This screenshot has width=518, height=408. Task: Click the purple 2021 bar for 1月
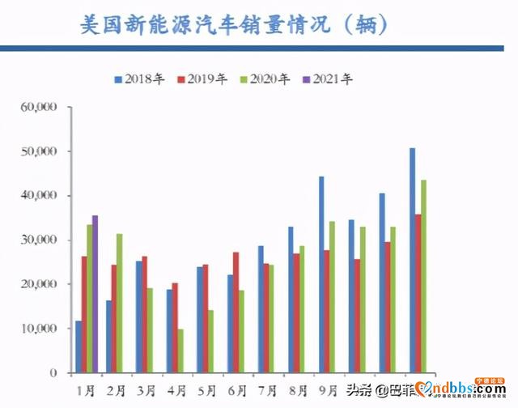tap(96, 294)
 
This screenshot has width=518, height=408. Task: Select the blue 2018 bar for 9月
tap(321, 274)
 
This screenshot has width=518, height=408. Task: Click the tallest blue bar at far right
tap(412, 260)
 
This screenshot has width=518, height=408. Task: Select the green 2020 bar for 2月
tap(119, 303)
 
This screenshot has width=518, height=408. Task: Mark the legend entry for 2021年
tap(329, 79)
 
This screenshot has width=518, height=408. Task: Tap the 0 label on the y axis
tap(53, 373)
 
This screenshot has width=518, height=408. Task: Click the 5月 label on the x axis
tap(206, 390)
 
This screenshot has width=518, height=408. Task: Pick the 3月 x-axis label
tap(146, 390)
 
